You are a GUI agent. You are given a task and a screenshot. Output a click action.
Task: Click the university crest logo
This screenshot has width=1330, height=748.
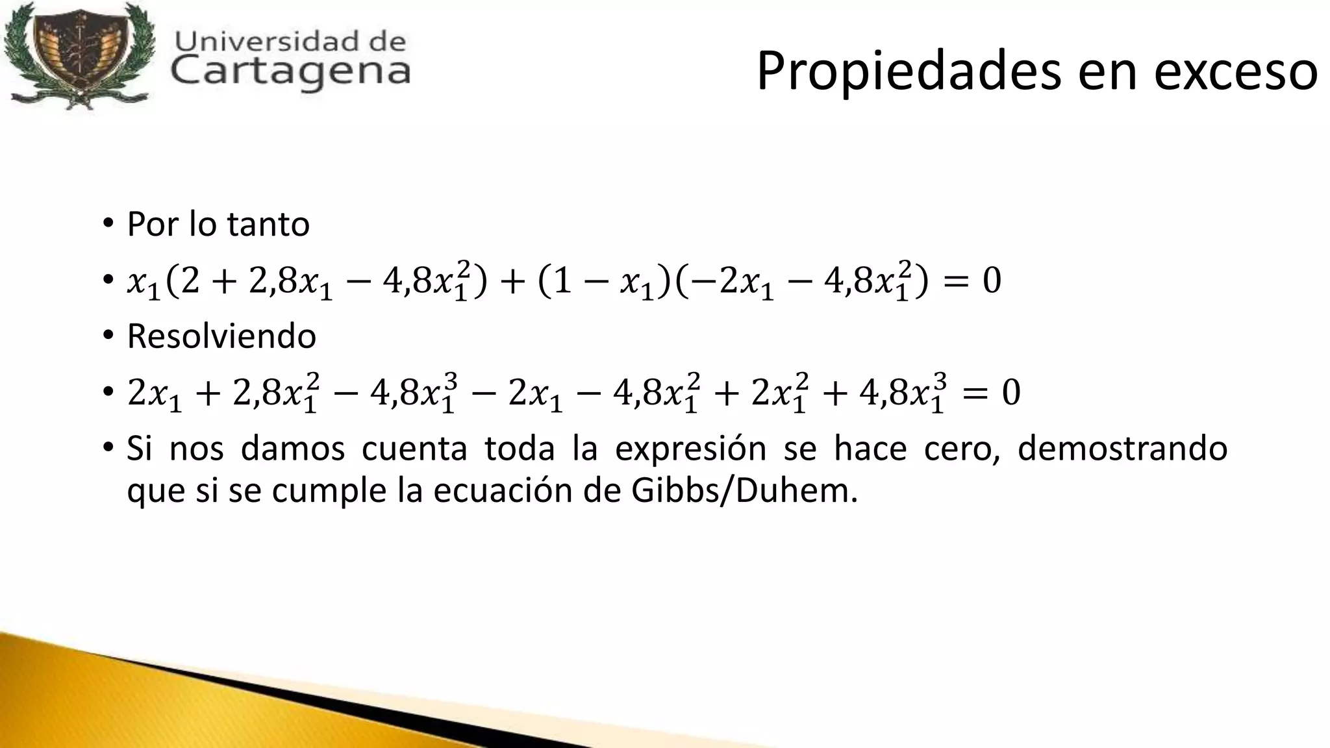coord(78,57)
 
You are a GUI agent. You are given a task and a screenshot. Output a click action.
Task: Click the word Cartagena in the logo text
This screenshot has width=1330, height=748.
coord(291,71)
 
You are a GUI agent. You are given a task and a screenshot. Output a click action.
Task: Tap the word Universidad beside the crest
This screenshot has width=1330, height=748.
coord(260,41)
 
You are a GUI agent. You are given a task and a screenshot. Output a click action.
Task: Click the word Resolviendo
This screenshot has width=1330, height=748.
coord(221,336)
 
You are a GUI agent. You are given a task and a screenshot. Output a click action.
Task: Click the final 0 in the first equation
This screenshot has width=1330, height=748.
coord(992,281)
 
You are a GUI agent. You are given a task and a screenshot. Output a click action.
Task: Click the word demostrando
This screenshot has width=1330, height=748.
coord(1122,449)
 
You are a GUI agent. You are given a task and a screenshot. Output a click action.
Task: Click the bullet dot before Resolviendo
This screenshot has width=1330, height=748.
coord(107,336)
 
